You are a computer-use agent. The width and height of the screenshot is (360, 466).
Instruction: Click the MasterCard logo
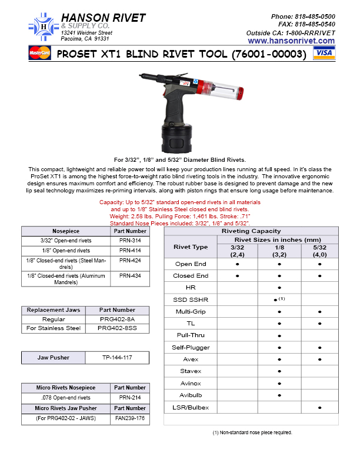tap(40, 54)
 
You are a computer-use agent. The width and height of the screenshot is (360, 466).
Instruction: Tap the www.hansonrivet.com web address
tap(291, 41)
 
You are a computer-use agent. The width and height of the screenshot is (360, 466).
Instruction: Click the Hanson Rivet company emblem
tap(42, 25)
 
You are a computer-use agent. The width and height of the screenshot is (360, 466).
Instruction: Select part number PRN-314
tap(129, 241)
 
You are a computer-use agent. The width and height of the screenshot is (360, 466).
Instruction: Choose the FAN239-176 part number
tap(129, 419)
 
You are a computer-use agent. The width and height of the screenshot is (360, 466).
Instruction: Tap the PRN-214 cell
tap(129, 398)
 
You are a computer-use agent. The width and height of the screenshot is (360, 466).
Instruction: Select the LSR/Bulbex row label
tap(192, 407)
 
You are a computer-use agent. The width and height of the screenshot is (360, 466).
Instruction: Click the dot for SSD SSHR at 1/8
tap(276, 300)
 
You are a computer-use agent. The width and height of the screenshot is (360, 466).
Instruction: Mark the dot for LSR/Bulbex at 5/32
tap(319, 407)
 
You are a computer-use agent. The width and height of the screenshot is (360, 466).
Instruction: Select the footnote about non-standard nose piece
tap(252, 432)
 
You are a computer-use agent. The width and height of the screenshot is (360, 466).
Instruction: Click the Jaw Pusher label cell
tap(54, 357)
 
